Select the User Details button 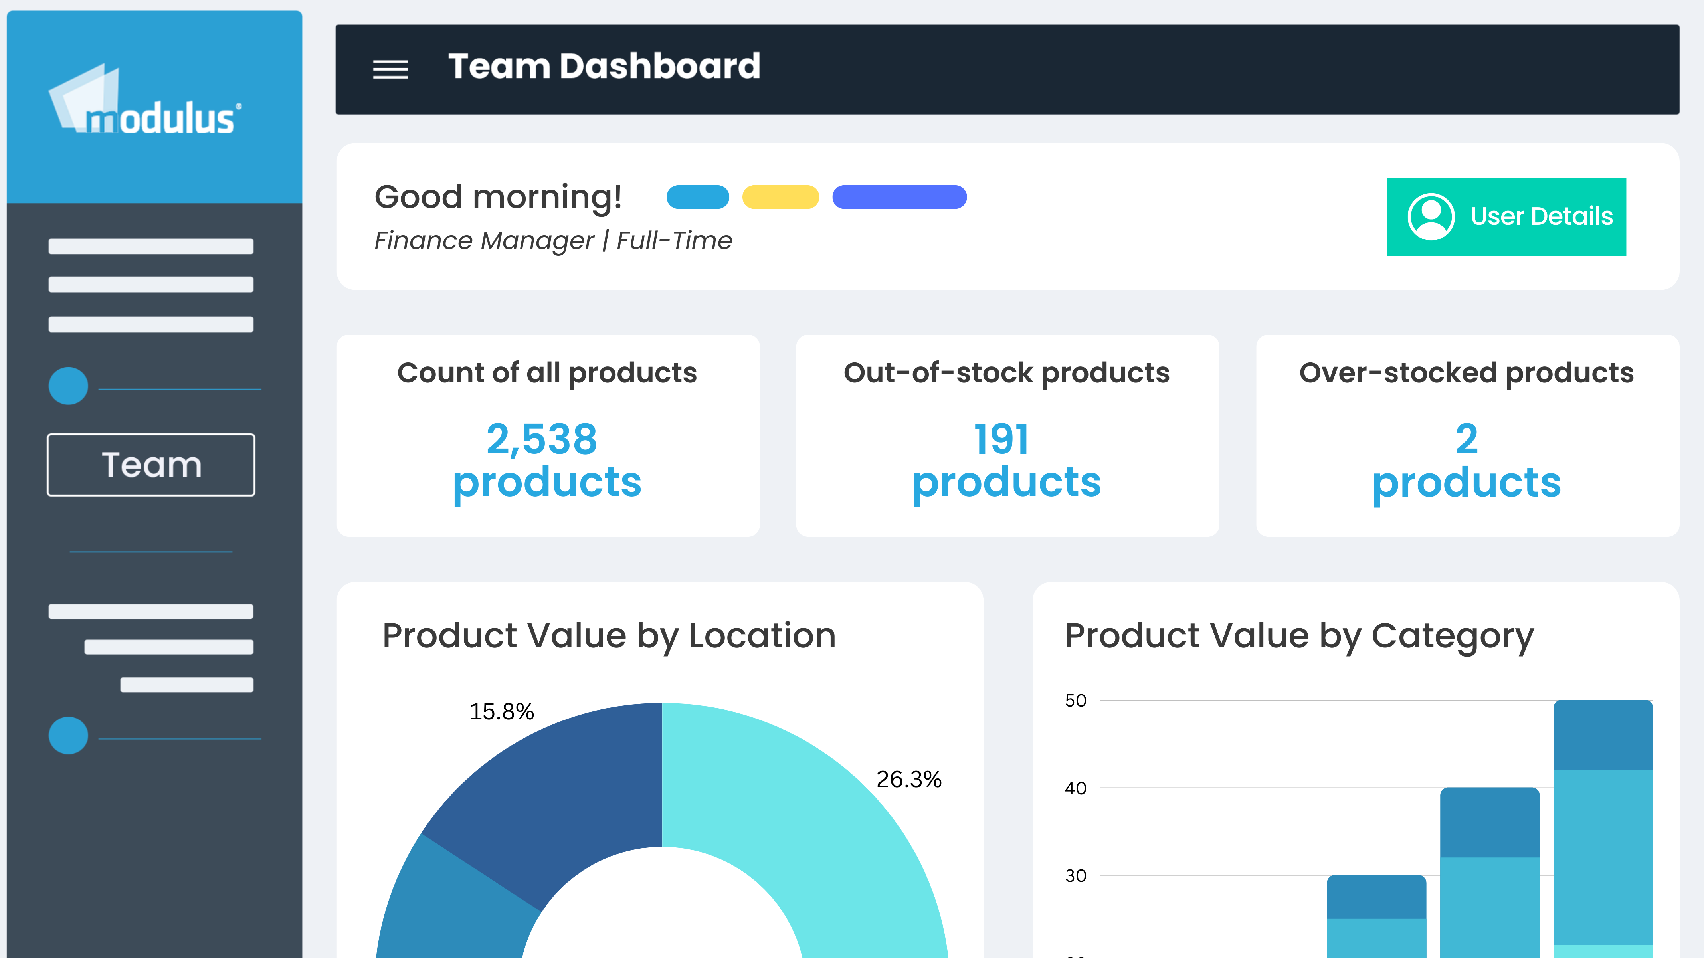(1506, 216)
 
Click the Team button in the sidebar (151, 465)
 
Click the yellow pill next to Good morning (781, 197)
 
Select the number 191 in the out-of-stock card (1001, 439)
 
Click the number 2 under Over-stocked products (1467, 439)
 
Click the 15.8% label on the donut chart (501, 711)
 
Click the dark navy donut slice (549, 794)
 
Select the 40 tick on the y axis (1076, 788)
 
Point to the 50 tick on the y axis (1076, 701)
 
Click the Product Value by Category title (1299, 636)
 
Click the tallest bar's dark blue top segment (1603, 735)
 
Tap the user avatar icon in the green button (1431, 216)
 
